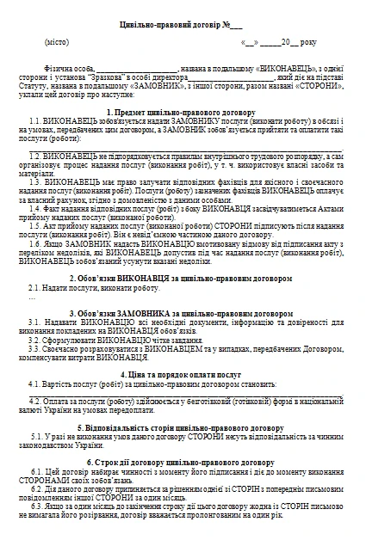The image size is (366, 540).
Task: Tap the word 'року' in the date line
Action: click(x=307, y=41)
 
